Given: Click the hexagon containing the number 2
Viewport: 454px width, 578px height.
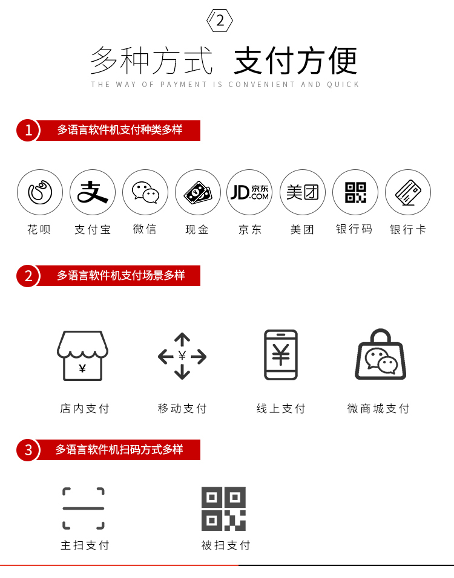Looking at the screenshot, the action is pyautogui.click(x=220, y=21).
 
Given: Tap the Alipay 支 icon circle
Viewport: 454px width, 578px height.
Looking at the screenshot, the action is pyautogui.click(x=93, y=192).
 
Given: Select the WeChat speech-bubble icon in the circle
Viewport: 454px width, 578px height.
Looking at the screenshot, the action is pyautogui.click(x=145, y=192).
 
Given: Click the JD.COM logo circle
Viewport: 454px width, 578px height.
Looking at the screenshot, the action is pyautogui.click(x=249, y=192).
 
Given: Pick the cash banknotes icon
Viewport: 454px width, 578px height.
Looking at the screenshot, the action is pyautogui.click(x=198, y=192).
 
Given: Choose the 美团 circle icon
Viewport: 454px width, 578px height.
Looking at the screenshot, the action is pyautogui.click(x=303, y=192).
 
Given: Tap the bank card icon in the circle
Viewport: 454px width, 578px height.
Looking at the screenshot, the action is pyautogui.click(x=408, y=192).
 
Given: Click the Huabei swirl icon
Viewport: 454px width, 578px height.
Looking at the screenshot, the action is pyautogui.click(x=40, y=192).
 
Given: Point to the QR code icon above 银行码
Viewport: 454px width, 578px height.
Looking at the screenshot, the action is pyautogui.click(x=355, y=192).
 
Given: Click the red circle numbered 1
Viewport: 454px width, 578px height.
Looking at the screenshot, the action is pyautogui.click(x=28, y=130).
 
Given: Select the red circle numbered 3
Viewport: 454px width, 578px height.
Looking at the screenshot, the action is pyautogui.click(x=28, y=450).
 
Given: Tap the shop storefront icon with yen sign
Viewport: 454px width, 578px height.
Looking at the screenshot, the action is pyautogui.click(x=83, y=356).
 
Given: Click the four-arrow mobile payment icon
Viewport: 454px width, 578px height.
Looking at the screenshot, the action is pyautogui.click(x=182, y=356).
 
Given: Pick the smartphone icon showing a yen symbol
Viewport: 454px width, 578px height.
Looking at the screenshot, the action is pyautogui.click(x=281, y=355).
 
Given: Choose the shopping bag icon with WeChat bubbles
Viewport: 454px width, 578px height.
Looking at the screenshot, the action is pyautogui.click(x=380, y=354).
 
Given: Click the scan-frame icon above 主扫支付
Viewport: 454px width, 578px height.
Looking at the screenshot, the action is pyautogui.click(x=84, y=508).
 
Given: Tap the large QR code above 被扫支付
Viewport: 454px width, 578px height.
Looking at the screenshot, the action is pyautogui.click(x=224, y=508).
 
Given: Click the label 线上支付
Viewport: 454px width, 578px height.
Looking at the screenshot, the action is pyautogui.click(x=281, y=409).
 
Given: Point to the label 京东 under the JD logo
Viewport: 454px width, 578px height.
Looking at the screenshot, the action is pyautogui.click(x=250, y=230).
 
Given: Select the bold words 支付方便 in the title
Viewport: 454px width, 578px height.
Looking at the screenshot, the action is pyautogui.click(x=295, y=60).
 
